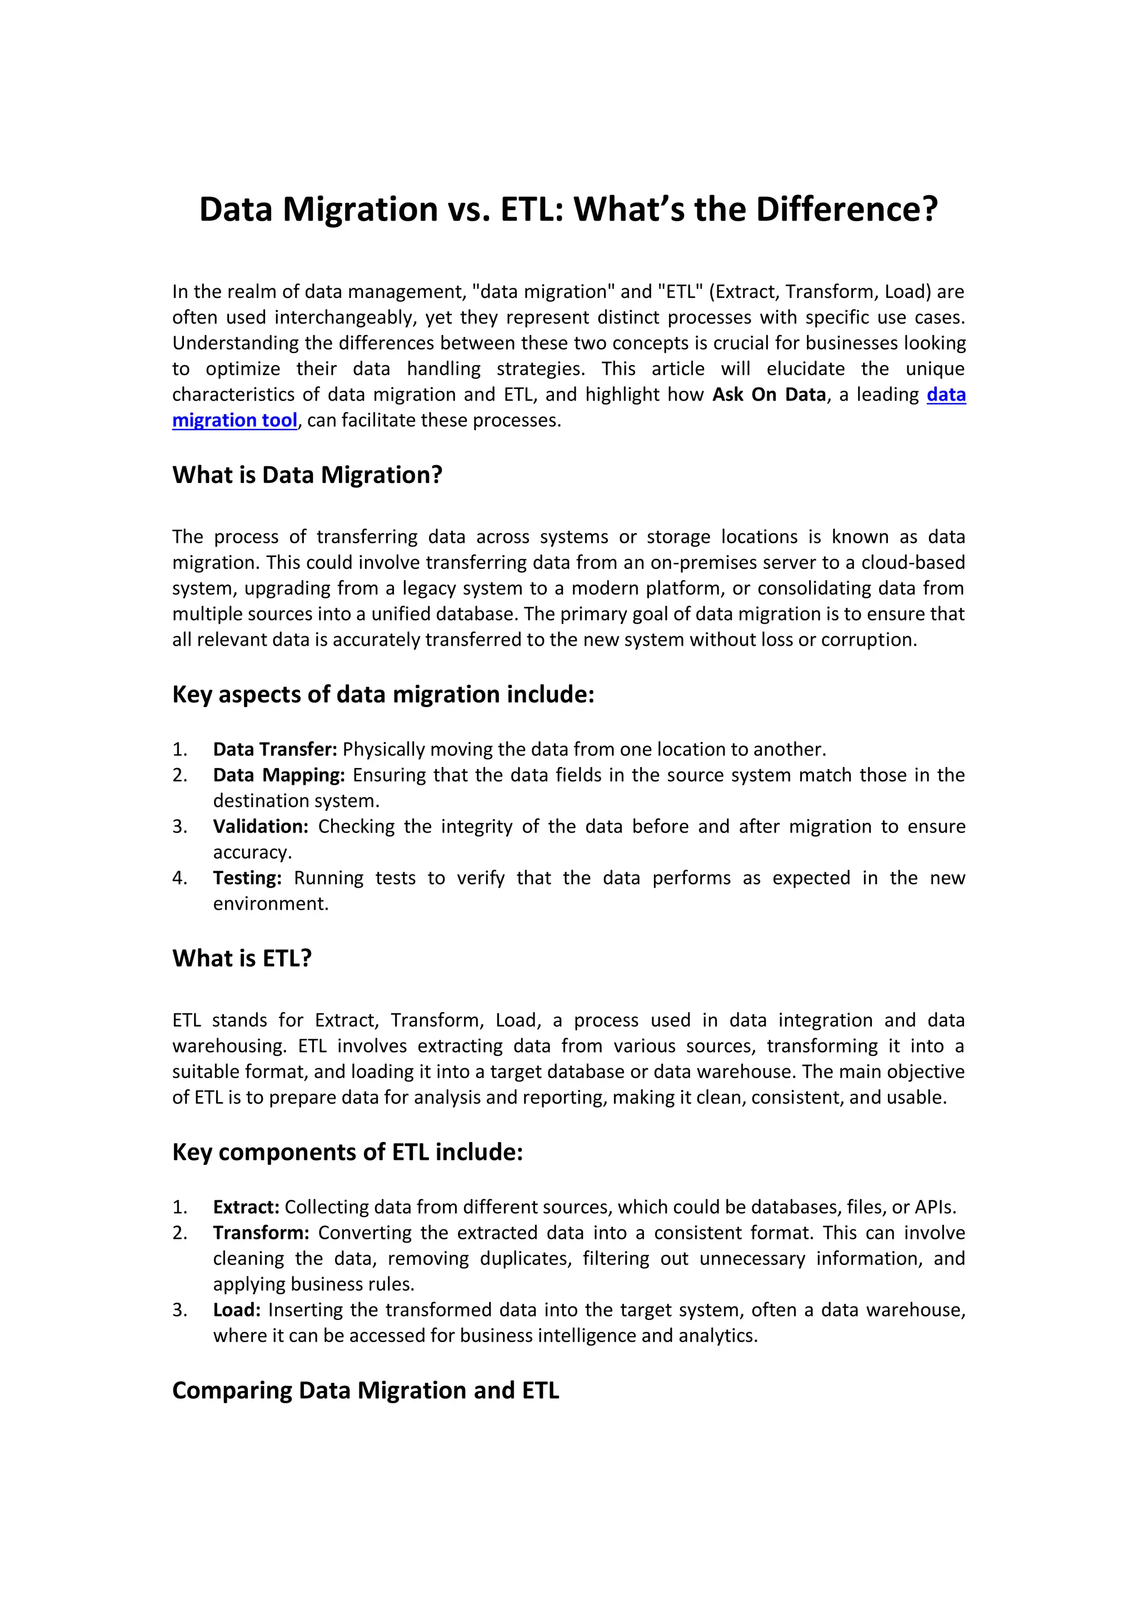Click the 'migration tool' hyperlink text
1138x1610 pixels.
(235, 420)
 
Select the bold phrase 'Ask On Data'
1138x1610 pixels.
(769, 394)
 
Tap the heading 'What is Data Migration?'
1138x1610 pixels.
(307, 475)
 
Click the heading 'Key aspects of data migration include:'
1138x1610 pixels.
(383, 694)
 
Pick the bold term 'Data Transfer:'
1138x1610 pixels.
(275, 749)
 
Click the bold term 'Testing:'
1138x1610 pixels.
(247, 878)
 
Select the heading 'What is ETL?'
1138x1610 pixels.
(242, 958)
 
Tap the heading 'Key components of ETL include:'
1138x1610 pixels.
(348, 1152)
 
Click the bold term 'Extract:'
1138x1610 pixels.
(246, 1207)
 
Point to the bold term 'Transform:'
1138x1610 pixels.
(261, 1233)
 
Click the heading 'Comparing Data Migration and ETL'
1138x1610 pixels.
(365, 1390)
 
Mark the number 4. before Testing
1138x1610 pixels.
(180, 878)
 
